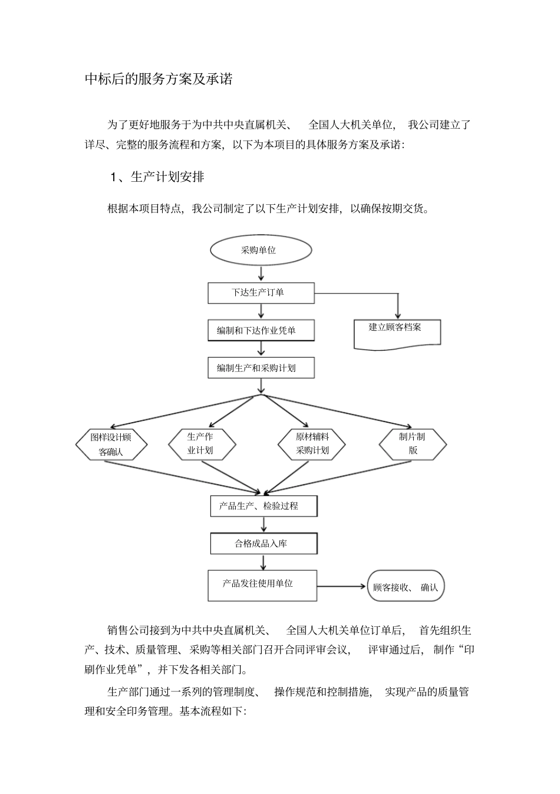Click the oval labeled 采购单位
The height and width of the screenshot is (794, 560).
coord(261,250)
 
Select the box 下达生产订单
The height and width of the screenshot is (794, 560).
coord(261,293)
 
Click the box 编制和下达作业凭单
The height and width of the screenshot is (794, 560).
coord(261,331)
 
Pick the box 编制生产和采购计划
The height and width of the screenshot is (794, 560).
coord(261,368)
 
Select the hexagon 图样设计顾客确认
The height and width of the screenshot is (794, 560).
coord(111,445)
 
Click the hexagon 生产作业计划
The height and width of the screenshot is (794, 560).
coord(202,444)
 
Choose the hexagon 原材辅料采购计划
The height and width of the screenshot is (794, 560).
coord(312,444)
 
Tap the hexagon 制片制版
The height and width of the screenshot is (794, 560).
coord(412,444)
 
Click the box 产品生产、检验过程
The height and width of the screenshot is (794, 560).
coord(263,506)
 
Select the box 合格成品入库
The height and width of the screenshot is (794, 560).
coord(263,543)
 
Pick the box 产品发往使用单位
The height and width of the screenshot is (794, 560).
coord(262,584)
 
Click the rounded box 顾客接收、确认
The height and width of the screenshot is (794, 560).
coord(406,586)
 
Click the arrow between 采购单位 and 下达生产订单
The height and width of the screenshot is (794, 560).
coord(261,273)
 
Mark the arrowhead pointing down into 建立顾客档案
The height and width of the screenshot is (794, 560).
coord(398,315)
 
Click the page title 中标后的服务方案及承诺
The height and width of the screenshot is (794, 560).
coord(159,79)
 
